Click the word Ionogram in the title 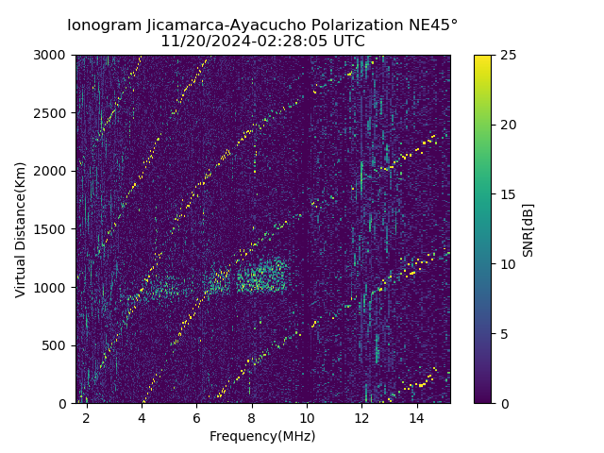tap(104, 25)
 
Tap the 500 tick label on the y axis tap(57, 345)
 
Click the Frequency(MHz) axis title tap(262, 436)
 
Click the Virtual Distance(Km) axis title tap(21, 229)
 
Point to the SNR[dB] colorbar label tap(528, 229)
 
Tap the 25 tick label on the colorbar tap(508, 55)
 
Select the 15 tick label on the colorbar tap(508, 194)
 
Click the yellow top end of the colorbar tap(482, 59)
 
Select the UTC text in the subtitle tap(348, 42)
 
